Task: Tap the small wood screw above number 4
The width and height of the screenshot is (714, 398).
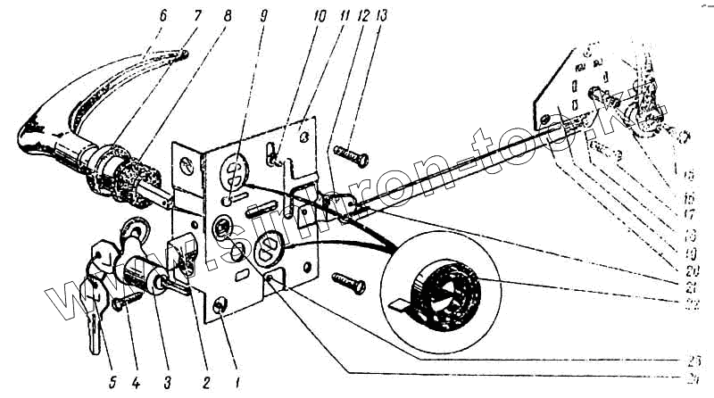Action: tap(121, 305)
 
